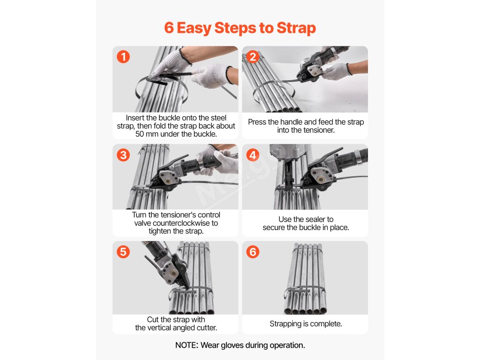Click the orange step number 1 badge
point(123,57)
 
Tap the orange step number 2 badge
point(253,57)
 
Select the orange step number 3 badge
point(123,155)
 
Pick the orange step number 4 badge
point(253,155)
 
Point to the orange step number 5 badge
point(123,252)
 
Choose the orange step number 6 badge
point(253,252)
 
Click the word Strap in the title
point(296,28)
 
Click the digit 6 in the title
point(169,28)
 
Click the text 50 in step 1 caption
point(140,134)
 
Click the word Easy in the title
point(194,28)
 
